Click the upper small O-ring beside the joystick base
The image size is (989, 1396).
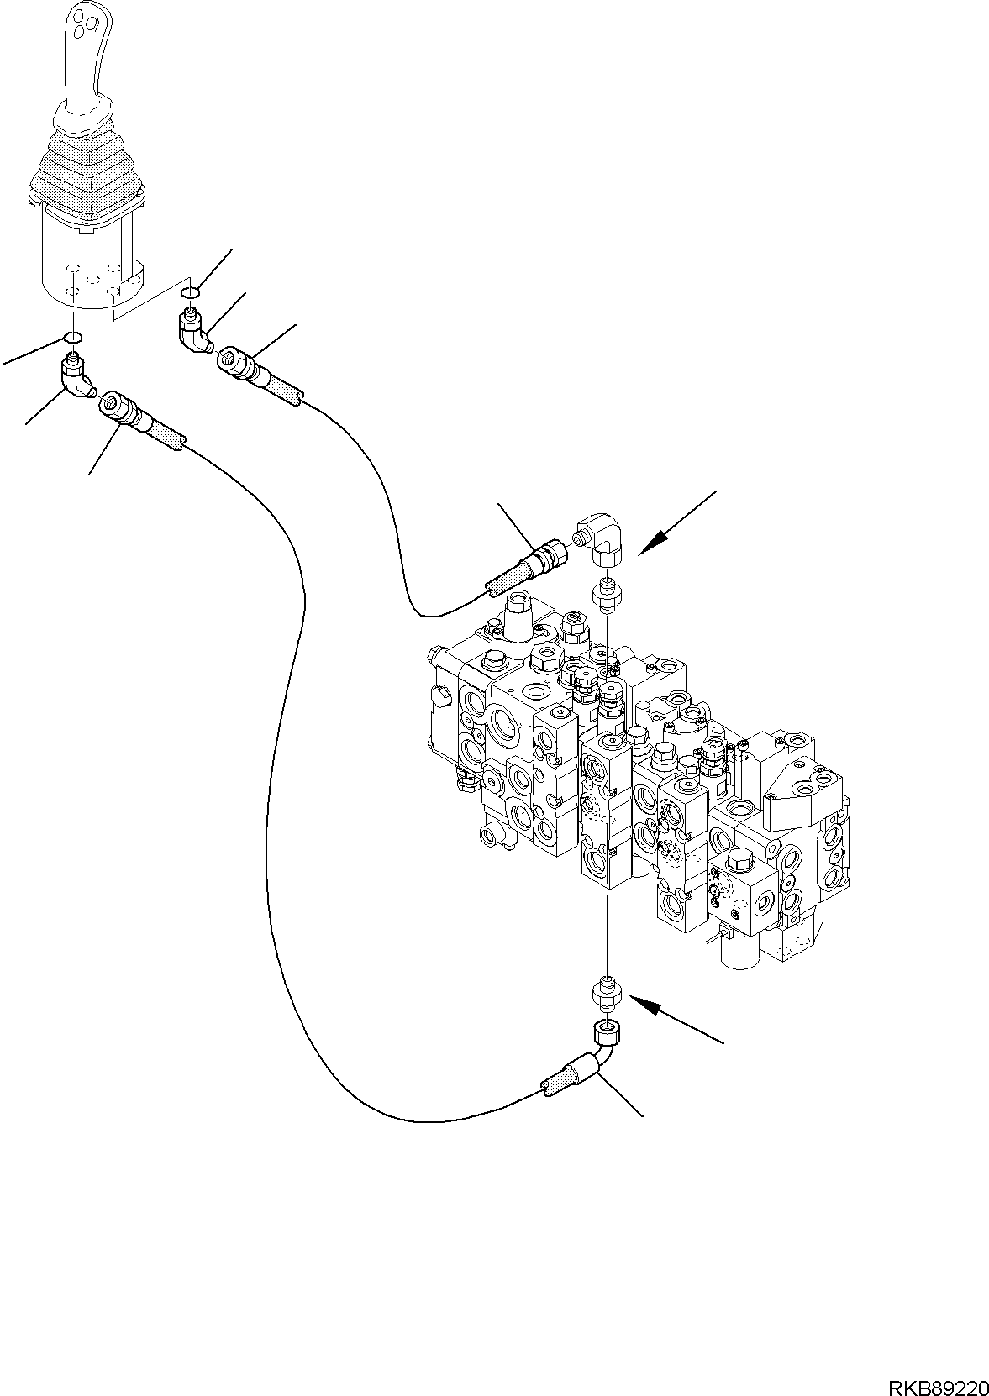[190, 292]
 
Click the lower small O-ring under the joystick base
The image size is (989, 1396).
[73, 338]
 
